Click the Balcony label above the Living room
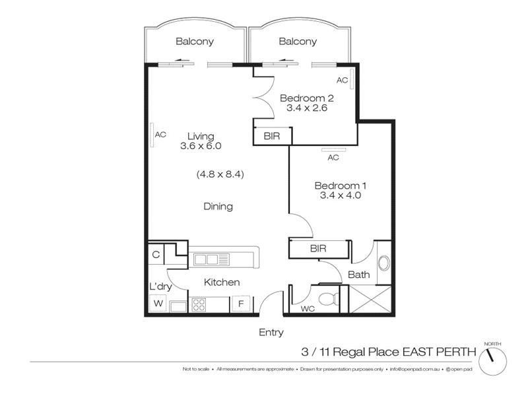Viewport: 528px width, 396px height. point(195,42)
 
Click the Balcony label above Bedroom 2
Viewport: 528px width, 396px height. point(298,42)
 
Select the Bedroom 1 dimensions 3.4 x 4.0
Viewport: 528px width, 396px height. point(340,195)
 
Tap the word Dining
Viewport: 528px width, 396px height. point(218,207)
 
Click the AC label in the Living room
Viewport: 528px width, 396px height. point(160,135)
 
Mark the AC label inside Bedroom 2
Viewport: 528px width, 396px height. point(342,80)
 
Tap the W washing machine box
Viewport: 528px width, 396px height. point(158,304)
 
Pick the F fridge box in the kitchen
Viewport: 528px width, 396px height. point(240,304)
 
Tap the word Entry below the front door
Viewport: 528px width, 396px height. point(271,333)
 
